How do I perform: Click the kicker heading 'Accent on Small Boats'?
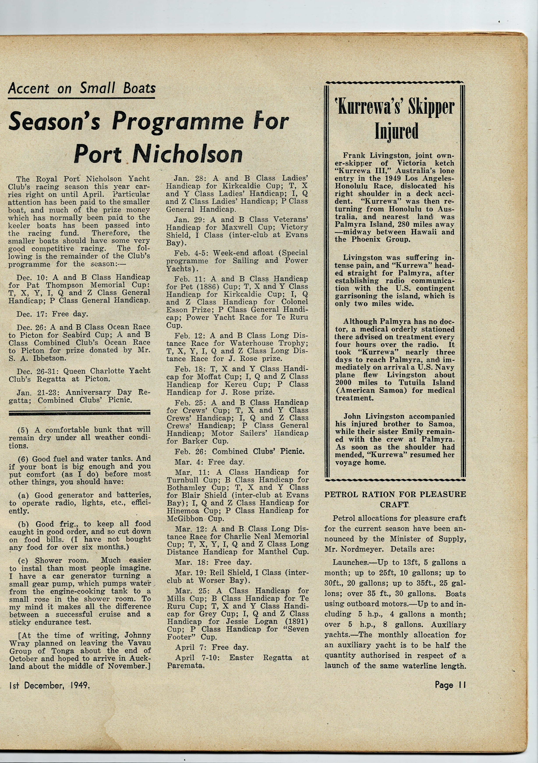click(82, 89)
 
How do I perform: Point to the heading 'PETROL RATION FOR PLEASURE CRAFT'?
click(395, 499)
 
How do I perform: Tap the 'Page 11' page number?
click(450, 685)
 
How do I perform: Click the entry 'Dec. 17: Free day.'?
click(52, 314)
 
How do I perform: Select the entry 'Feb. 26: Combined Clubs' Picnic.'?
click(239, 451)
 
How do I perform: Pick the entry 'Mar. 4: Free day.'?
click(209, 462)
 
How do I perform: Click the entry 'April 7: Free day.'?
click(211, 647)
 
